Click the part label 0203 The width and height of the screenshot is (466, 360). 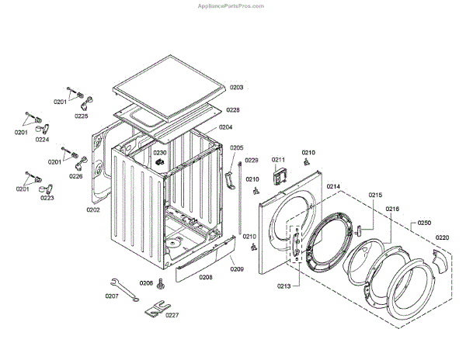coord(236,88)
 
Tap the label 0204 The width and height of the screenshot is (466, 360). coord(225,127)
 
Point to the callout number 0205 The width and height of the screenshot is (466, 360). coord(237,147)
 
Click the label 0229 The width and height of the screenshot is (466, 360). coord(252,160)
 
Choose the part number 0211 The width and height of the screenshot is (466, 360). coord(279,160)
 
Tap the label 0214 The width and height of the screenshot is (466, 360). coord(333,186)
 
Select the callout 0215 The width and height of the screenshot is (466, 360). coord(375,195)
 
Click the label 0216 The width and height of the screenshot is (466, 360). coord(392,209)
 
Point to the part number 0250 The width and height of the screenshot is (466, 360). coord(424,223)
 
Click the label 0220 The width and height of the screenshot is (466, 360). coord(442,237)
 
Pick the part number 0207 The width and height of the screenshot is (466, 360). coord(112,296)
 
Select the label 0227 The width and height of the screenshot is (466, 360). coord(172,316)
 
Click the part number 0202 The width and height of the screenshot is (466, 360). coord(92,209)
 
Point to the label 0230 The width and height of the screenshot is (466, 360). coord(160,153)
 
